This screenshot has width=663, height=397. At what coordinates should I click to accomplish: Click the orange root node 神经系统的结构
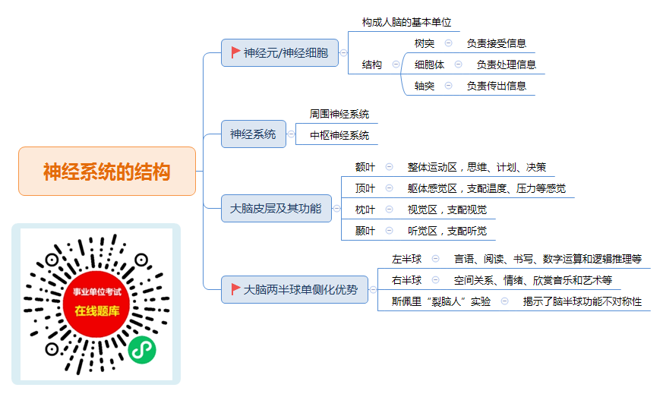(107, 172)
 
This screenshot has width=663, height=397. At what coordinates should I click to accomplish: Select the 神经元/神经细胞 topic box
(279, 53)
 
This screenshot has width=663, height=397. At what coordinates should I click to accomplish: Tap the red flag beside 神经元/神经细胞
(235, 52)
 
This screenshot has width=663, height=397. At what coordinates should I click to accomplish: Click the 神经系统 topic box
(253, 134)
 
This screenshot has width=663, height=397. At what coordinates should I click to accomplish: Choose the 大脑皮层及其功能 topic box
(276, 209)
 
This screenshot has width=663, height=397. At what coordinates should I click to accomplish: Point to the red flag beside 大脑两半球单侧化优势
(235, 289)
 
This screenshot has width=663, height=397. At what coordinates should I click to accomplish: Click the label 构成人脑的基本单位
(406, 23)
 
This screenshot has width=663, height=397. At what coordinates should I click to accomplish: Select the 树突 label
(424, 43)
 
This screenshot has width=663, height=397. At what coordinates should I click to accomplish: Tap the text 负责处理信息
(506, 65)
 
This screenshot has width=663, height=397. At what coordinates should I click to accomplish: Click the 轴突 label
(424, 86)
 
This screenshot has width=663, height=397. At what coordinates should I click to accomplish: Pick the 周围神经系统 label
(339, 114)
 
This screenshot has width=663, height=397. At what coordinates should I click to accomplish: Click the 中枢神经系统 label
(339, 135)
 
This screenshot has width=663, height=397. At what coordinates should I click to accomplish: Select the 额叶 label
(365, 168)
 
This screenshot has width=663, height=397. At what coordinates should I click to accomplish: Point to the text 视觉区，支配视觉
(447, 210)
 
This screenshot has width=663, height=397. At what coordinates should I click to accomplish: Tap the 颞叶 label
(365, 231)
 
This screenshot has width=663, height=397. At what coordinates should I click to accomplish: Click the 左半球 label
(406, 259)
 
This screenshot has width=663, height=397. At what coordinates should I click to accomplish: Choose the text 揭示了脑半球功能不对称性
(582, 301)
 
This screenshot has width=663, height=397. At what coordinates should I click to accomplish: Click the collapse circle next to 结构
(396, 65)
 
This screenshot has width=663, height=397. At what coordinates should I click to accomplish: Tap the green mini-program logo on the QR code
(142, 350)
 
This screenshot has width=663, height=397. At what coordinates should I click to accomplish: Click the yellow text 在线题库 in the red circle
(96, 310)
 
